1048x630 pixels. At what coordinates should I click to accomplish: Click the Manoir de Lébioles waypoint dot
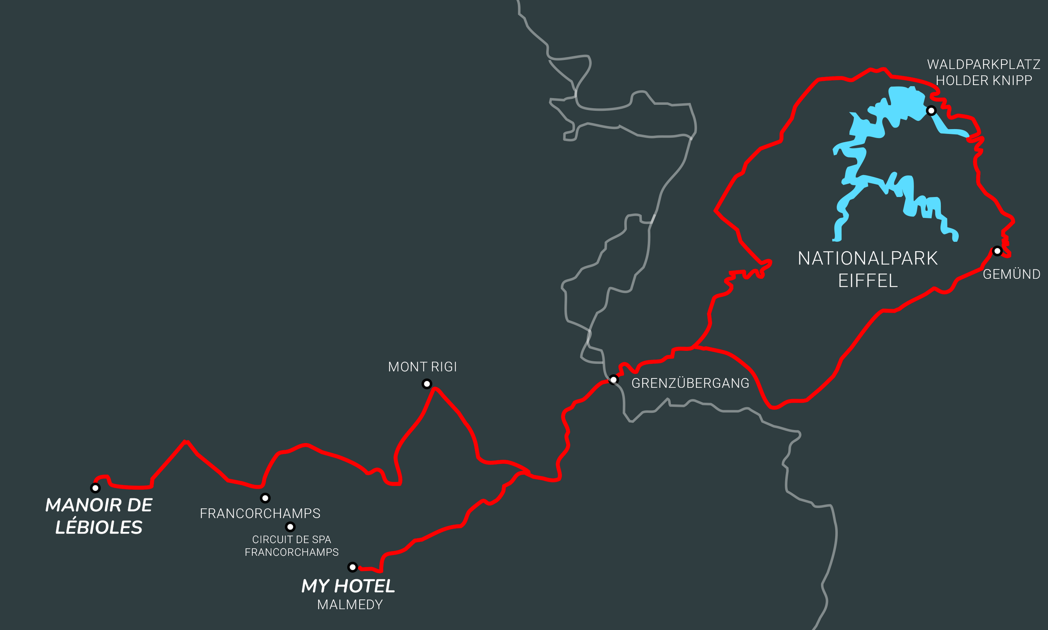coord(96,488)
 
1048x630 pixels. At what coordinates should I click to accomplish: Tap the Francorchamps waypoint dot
coord(265,498)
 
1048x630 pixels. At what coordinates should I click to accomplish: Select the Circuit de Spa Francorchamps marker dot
coord(291,527)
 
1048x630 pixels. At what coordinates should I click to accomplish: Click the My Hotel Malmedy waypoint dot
coord(353,567)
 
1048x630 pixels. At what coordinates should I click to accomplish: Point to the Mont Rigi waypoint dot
coord(427,384)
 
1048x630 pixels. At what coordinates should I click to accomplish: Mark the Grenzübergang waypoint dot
coord(614,379)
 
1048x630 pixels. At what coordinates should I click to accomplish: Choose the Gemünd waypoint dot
coord(998,251)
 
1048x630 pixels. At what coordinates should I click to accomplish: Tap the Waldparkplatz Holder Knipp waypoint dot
coord(931,111)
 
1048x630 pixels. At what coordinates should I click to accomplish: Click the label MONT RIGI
coord(422,367)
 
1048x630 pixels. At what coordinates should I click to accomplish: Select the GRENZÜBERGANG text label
coord(690,384)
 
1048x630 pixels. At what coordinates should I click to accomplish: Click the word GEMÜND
coord(1012,274)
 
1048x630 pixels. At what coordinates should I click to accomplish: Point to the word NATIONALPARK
coord(868,259)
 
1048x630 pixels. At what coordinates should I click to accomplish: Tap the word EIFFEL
coord(868,280)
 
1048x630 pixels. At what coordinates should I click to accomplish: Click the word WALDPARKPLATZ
coord(983,65)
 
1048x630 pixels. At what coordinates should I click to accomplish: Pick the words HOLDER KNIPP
coord(984,80)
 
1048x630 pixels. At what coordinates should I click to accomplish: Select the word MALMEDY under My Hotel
coord(350,604)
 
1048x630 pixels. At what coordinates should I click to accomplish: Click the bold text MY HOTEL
coord(348,586)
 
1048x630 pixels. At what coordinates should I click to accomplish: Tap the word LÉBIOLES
coord(99,527)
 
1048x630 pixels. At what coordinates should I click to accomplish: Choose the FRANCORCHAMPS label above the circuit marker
coord(260,513)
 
